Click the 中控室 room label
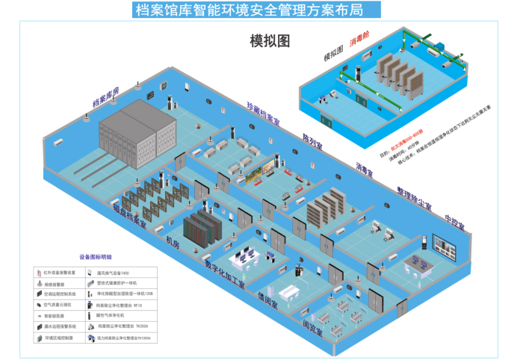pos(454,223)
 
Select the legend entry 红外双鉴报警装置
pos(60,273)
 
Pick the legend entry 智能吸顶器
pos(55,316)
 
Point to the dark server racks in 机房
pos(204,228)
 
